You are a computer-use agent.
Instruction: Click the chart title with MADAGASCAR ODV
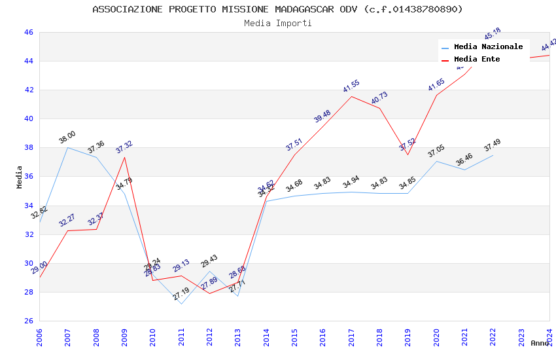click(x=277, y=9)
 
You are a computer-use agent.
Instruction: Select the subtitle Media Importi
click(x=277, y=23)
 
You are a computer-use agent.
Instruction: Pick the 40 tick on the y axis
click(x=28, y=118)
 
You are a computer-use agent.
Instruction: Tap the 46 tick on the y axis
click(x=28, y=32)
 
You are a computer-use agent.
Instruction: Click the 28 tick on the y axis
click(x=28, y=292)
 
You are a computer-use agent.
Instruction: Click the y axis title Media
click(x=20, y=177)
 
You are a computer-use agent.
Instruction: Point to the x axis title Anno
click(x=540, y=343)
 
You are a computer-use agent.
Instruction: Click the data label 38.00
click(x=67, y=137)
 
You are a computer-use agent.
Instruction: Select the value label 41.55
click(x=351, y=86)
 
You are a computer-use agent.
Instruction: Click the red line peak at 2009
click(x=124, y=157)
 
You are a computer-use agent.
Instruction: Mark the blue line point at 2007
click(x=67, y=147)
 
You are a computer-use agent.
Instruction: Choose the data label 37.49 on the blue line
click(x=493, y=145)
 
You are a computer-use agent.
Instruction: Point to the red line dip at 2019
click(x=408, y=154)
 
